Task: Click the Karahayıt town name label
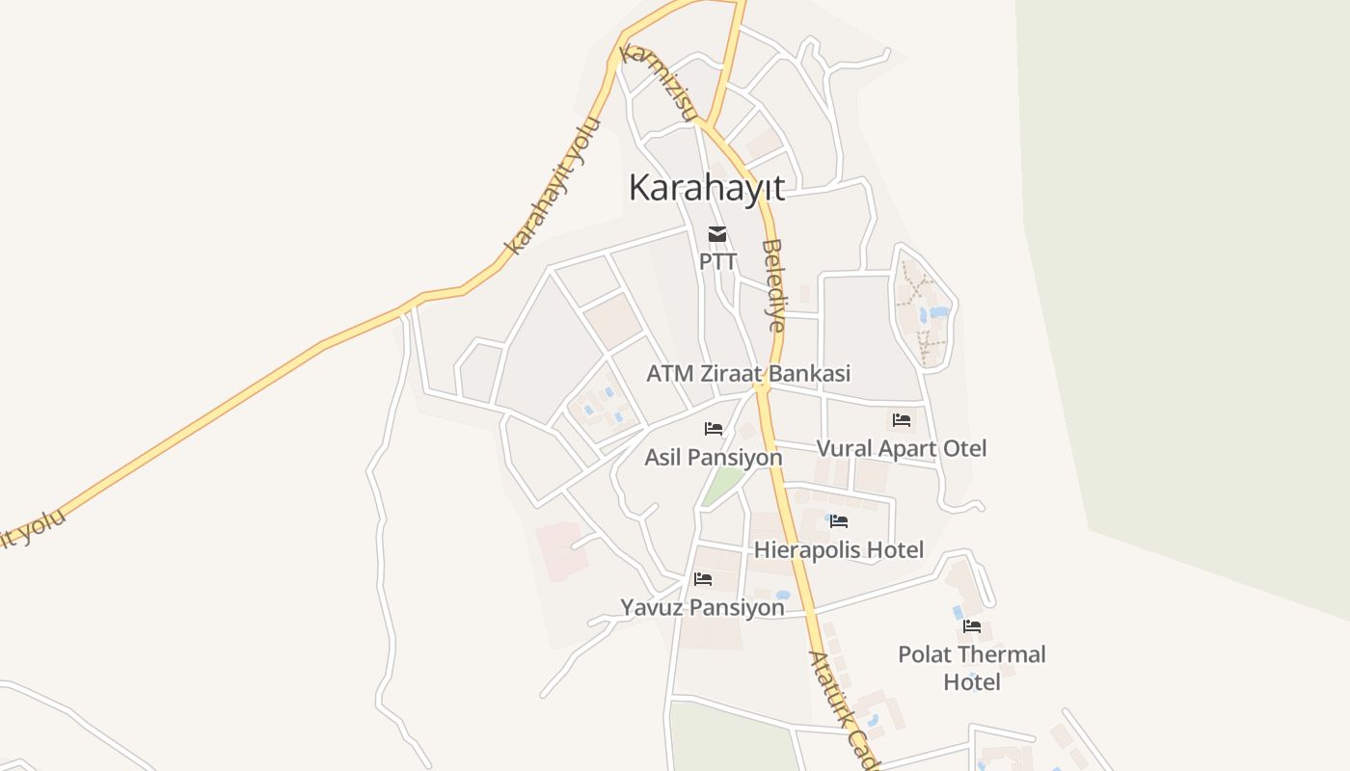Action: [707, 187]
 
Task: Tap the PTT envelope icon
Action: [717, 233]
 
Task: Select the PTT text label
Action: [717, 261]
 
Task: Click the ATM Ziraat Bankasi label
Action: [748, 373]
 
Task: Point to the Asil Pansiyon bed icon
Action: [714, 428]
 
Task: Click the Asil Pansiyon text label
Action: [714, 457]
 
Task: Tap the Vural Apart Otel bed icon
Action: [902, 419]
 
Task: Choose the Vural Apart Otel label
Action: [902, 448]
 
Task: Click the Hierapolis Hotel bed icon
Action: [839, 521]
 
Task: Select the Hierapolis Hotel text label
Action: [839, 550]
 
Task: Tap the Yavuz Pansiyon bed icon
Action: [703, 579]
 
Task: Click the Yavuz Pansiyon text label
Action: [702, 608]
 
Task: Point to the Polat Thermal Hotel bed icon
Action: [972, 625]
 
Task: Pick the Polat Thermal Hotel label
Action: [972, 668]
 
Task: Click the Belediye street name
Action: [773, 285]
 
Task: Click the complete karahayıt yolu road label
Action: [553, 186]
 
